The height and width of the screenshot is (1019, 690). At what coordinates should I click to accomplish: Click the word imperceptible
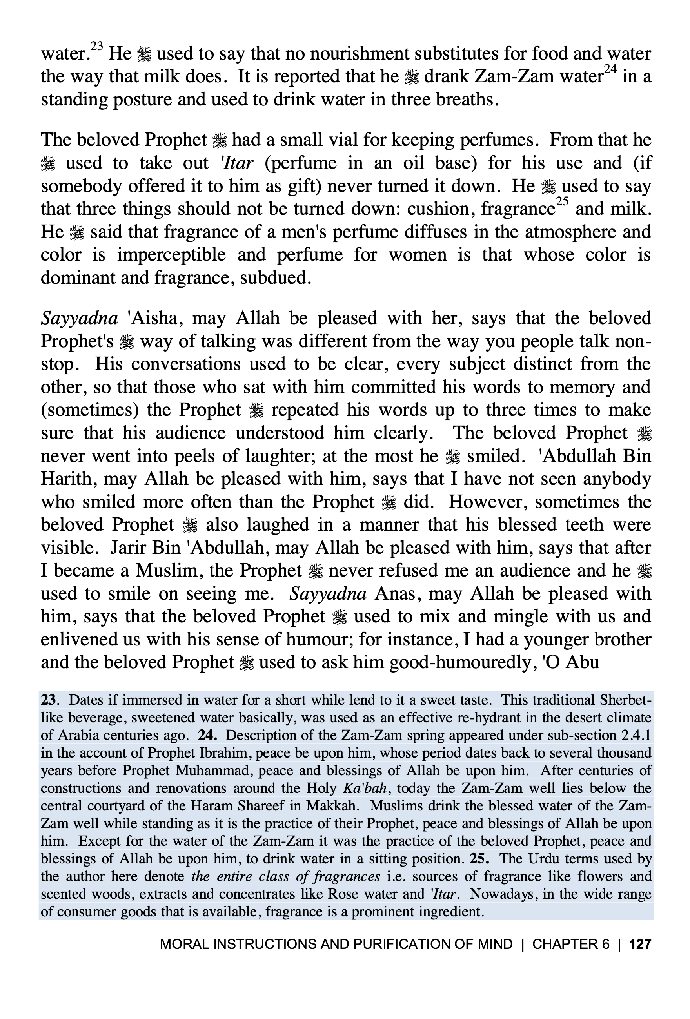(x=171, y=255)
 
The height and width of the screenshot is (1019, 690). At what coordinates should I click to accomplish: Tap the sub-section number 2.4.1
(x=636, y=735)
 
